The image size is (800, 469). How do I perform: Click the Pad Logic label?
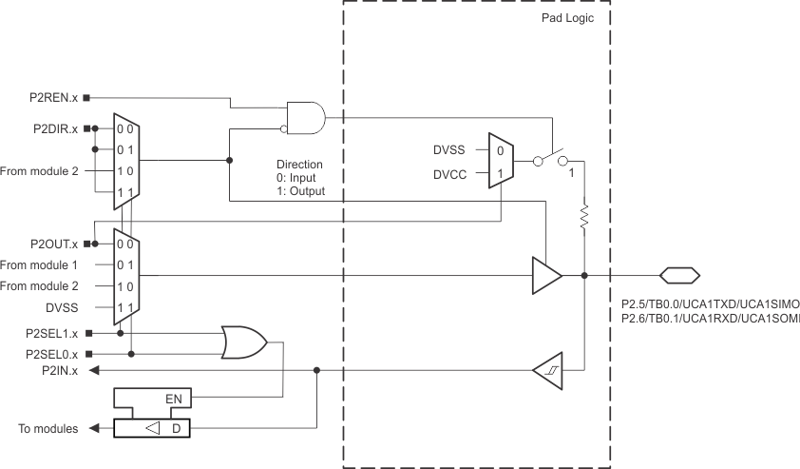click(567, 18)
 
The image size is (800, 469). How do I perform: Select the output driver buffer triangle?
click(546, 276)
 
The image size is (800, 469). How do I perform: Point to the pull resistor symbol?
click(584, 215)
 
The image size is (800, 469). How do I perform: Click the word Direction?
click(299, 165)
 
